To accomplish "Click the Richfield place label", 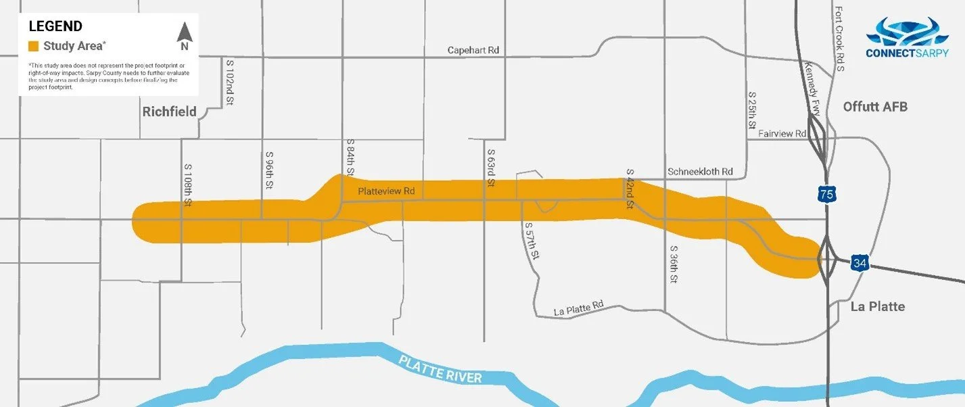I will [169, 112].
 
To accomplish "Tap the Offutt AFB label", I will [875, 107].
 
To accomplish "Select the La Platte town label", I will [877, 306].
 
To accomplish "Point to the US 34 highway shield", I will [860, 264].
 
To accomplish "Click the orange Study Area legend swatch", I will [33, 47].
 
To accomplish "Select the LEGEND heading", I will [55, 26].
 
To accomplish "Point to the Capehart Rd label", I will [473, 51].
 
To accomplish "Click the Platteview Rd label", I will [386, 191].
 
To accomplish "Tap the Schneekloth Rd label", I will [699, 172].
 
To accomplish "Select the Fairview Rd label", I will [782, 134].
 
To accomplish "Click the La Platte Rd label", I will [578, 309].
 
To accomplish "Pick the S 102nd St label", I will [230, 83].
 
